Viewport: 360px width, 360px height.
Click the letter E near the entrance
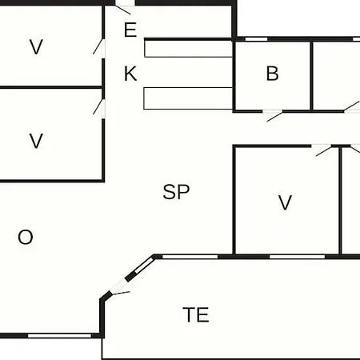(130, 30)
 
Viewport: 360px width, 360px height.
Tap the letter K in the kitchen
(130, 74)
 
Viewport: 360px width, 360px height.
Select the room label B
(272, 74)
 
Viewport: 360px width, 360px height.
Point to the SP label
(176, 192)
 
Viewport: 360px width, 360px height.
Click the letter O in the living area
(26, 237)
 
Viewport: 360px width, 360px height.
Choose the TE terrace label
(196, 314)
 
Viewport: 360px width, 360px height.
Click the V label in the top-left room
(36, 47)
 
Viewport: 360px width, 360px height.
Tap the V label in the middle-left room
(36, 141)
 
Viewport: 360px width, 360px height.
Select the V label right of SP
(285, 202)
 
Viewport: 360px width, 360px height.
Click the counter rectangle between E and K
(188, 48)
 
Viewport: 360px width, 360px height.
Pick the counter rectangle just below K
(188, 98)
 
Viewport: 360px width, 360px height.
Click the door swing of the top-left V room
(98, 46)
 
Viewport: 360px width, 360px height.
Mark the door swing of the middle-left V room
(98, 107)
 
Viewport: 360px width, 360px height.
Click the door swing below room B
(274, 117)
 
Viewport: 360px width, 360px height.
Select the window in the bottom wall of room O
(60, 335)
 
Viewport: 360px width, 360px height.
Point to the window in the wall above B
(256, 39)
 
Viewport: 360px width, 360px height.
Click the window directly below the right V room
(297, 257)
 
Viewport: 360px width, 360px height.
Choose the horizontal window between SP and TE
(190, 257)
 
